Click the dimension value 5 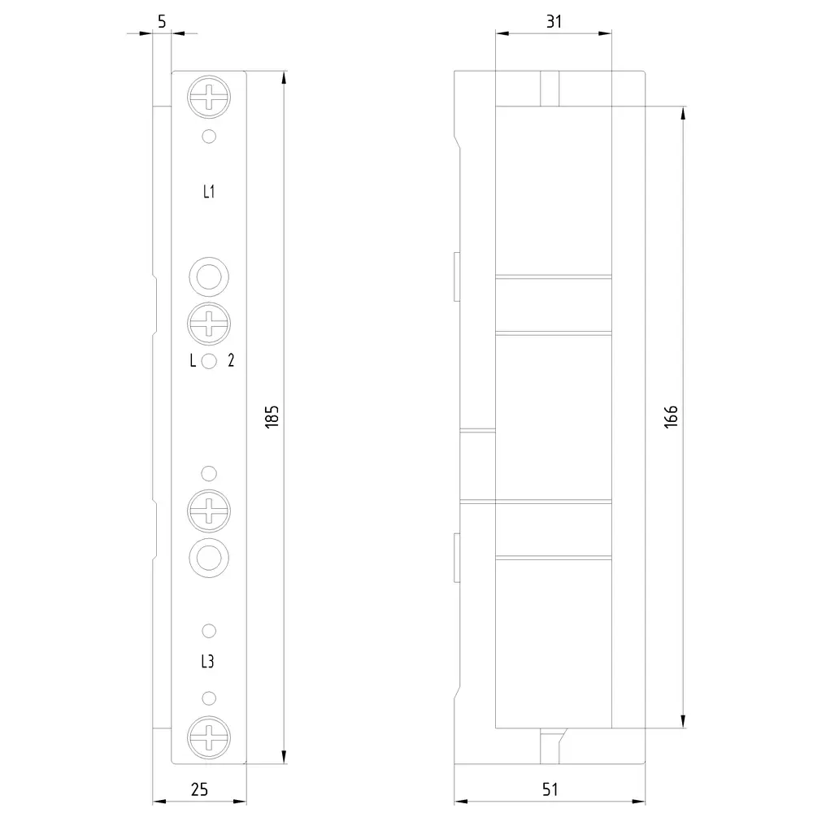(162, 22)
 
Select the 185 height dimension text (272, 416)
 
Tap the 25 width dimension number (200, 789)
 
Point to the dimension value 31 (554, 22)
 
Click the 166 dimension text (671, 416)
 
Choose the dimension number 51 (550, 789)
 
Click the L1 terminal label (208, 192)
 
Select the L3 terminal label (207, 662)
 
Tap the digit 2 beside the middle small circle (231, 360)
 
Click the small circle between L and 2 (209, 361)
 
